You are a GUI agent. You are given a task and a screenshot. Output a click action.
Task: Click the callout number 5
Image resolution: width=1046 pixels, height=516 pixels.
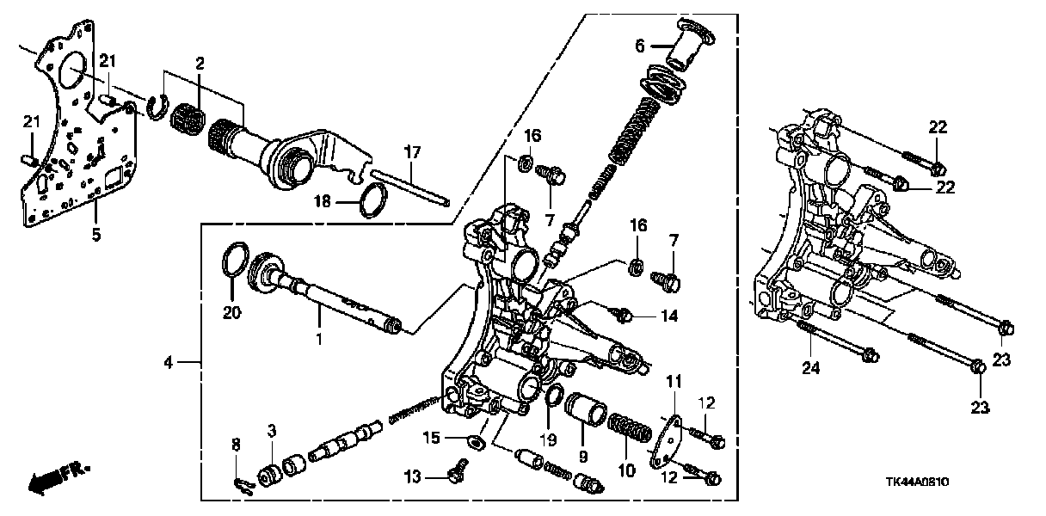click(x=96, y=233)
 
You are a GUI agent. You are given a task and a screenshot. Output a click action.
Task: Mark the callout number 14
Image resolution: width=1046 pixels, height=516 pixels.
click(x=668, y=316)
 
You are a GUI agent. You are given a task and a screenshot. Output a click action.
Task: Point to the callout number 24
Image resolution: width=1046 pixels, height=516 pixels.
click(x=812, y=370)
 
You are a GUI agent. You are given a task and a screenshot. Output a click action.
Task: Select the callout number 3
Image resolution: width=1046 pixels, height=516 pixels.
click(x=271, y=429)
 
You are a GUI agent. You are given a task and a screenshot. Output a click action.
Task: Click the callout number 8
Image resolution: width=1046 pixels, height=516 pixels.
click(x=237, y=444)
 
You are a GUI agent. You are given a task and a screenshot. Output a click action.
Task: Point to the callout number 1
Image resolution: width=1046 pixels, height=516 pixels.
click(x=318, y=340)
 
